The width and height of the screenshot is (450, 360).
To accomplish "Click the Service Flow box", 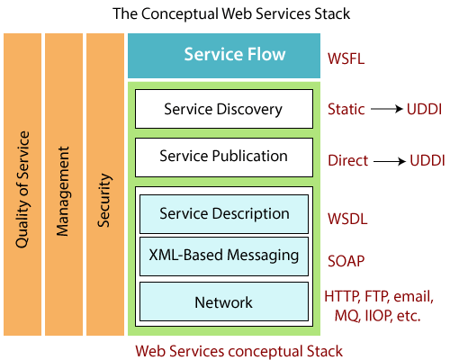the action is (x=224, y=56).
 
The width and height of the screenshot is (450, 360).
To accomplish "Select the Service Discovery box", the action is (x=224, y=109).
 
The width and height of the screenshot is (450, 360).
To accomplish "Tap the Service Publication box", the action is (x=224, y=157).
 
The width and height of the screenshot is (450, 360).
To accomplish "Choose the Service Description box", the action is (x=224, y=214).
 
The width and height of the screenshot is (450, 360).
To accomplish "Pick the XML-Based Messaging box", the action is (x=224, y=256).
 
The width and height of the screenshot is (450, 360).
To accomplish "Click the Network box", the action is (x=224, y=301).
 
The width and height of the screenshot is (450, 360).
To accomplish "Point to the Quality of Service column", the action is (x=22, y=184).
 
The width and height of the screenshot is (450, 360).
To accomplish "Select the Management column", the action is (x=64, y=184).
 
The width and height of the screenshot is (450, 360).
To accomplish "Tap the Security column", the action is (x=105, y=184).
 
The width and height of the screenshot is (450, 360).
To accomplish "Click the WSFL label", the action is (x=346, y=58).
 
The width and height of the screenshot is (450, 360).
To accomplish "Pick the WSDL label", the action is (x=347, y=219).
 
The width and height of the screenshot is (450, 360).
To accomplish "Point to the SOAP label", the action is (x=346, y=261).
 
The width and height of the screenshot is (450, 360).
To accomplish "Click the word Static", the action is (x=346, y=109).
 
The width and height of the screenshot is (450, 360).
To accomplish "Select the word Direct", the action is (x=347, y=160).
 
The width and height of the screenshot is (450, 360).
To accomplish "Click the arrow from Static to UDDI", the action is (x=386, y=109).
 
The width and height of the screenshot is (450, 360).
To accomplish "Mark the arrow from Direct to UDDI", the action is (x=390, y=162).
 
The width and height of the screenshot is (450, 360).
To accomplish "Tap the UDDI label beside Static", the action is (x=424, y=109).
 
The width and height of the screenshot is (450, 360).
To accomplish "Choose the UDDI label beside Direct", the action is (x=427, y=160).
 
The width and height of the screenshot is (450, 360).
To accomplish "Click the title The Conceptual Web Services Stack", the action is (x=231, y=14).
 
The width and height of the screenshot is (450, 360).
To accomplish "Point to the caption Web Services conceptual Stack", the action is (x=238, y=351).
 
